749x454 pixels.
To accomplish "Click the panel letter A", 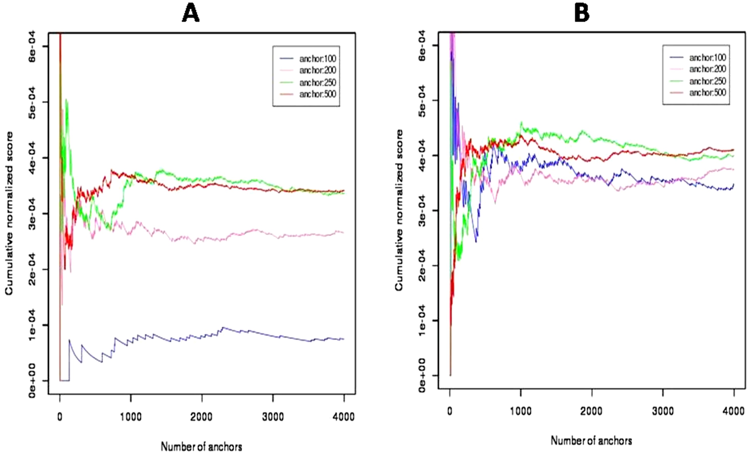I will click(x=191, y=14).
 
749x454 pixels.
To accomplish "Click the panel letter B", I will click(x=582, y=14).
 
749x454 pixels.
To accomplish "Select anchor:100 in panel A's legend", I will click(x=318, y=58).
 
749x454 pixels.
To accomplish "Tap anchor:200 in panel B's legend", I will click(x=707, y=69).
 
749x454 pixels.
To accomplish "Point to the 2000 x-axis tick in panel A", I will click(x=202, y=417).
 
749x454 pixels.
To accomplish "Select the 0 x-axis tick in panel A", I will click(x=60, y=417).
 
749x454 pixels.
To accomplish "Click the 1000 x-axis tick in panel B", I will click(x=521, y=412).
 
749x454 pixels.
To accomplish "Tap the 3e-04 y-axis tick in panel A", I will click(x=32, y=214).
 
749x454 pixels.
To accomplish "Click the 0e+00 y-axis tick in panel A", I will click(x=32, y=381).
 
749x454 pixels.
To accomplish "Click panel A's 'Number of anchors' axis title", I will click(x=202, y=447).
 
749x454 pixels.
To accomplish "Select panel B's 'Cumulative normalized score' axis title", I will click(x=399, y=210).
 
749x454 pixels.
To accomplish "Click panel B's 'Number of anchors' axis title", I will click(x=591, y=441).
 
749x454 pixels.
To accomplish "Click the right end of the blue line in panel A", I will click(x=343, y=339).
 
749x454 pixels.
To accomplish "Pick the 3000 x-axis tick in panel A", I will click(x=273, y=417).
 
